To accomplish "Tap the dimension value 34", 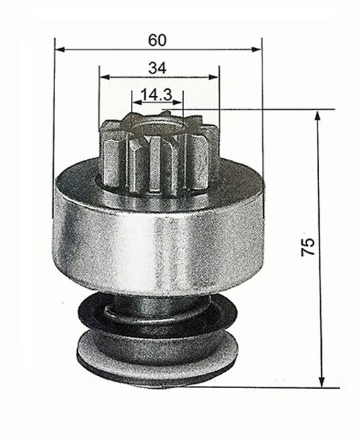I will point(158,67).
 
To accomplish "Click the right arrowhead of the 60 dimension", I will point(258,50).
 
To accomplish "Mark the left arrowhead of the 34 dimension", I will point(103,76).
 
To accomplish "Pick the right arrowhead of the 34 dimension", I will point(216,76).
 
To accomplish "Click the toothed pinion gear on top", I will point(157,152).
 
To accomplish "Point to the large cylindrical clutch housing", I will point(158,233).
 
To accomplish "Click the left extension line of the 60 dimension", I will point(55,106).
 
